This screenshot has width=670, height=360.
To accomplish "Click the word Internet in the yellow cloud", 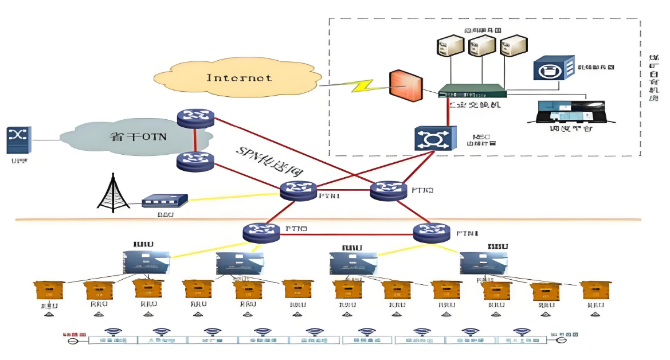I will click(239, 77).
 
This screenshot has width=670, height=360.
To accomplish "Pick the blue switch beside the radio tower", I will click(164, 201).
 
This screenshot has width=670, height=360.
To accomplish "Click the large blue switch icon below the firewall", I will click(435, 138).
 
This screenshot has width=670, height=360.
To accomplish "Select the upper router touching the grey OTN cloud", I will click(195, 118).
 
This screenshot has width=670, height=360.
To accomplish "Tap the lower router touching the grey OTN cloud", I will click(195, 161).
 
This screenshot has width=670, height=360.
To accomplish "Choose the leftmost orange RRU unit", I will click(49, 290).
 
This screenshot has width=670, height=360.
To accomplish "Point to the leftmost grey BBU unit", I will click(147, 261).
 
